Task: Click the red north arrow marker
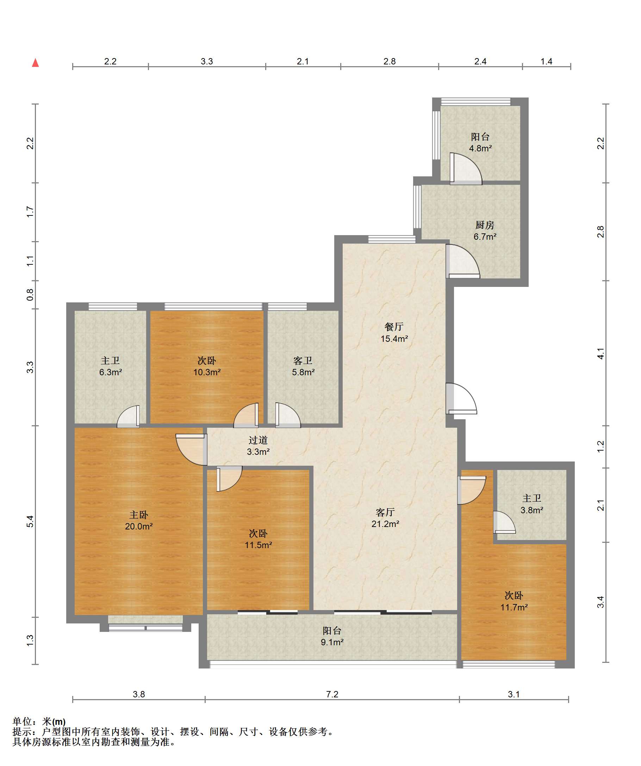pyautogui.click(x=36, y=63)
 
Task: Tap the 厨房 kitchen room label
pyautogui.click(x=485, y=225)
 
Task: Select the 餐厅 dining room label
pyautogui.click(x=394, y=327)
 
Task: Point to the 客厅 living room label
pyautogui.click(x=385, y=513)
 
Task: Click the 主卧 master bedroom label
pyautogui.click(x=139, y=515)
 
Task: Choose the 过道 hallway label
pyautogui.click(x=258, y=441)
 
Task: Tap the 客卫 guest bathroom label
pyautogui.click(x=303, y=361)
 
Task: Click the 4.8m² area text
pyautogui.click(x=480, y=149)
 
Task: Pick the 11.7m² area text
pyautogui.click(x=514, y=607)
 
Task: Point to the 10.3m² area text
pyautogui.click(x=207, y=372)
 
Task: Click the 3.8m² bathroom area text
pyautogui.click(x=532, y=510)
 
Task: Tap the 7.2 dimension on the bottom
pyautogui.click(x=332, y=694)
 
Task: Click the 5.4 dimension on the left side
pyautogui.click(x=30, y=521)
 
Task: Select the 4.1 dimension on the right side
pyautogui.click(x=600, y=353)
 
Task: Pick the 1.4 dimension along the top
pyautogui.click(x=547, y=61)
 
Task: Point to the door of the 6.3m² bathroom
pyautogui.click(x=128, y=416)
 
